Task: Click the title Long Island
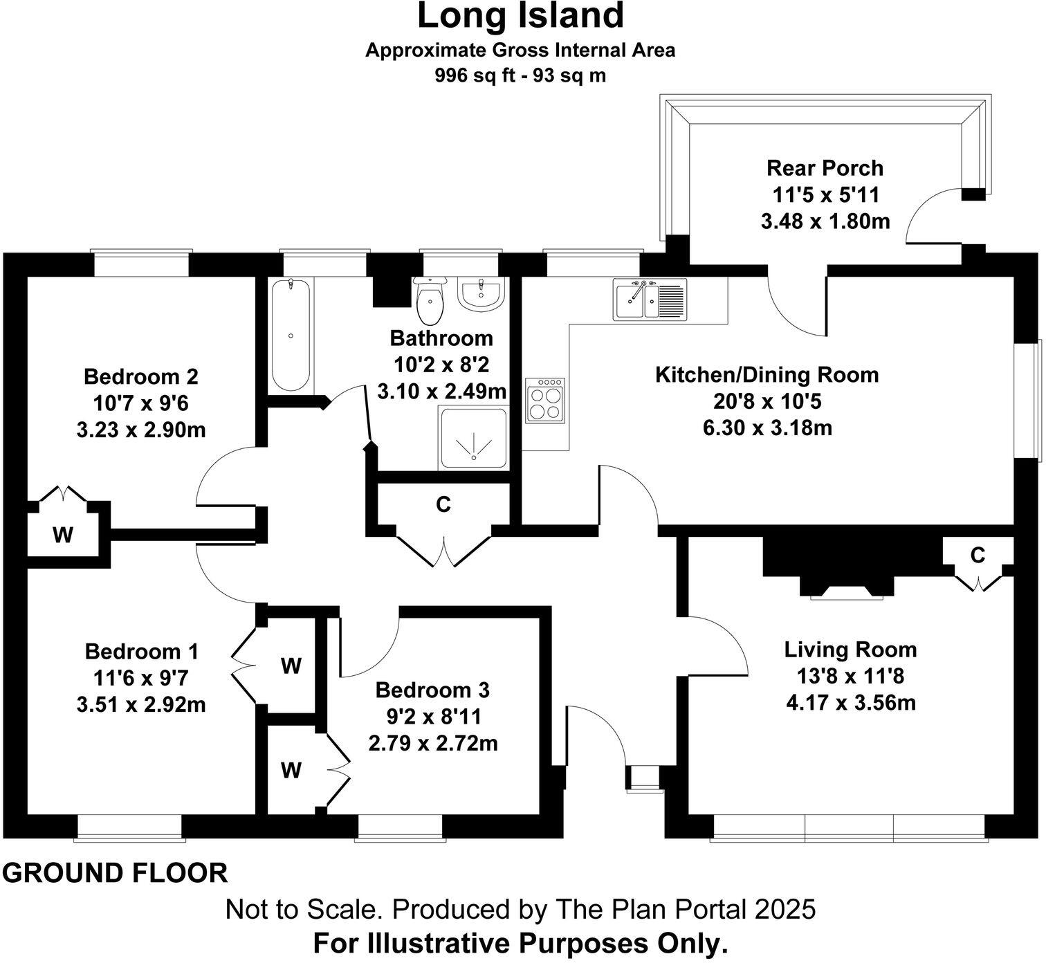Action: click(520, 17)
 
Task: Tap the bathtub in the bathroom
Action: click(291, 335)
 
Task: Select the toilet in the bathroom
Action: click(431, 301)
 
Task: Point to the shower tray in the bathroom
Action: click(473, 439)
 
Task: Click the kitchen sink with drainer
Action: click(649, 298)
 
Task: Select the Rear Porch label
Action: click(825, 168)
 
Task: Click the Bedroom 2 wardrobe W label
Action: click(63, 535)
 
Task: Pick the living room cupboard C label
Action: click(978, 554)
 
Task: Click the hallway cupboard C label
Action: click(443, 504)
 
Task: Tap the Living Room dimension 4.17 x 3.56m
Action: click(851, 703)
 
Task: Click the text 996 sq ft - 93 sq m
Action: click(520, 75)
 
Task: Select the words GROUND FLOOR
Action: click(115, 873)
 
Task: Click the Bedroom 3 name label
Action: click(432, 690)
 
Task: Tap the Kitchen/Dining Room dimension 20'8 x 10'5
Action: click(767, 401)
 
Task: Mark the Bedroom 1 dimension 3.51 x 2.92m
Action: click(141, 705)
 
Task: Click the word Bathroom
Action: click(441, 338)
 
